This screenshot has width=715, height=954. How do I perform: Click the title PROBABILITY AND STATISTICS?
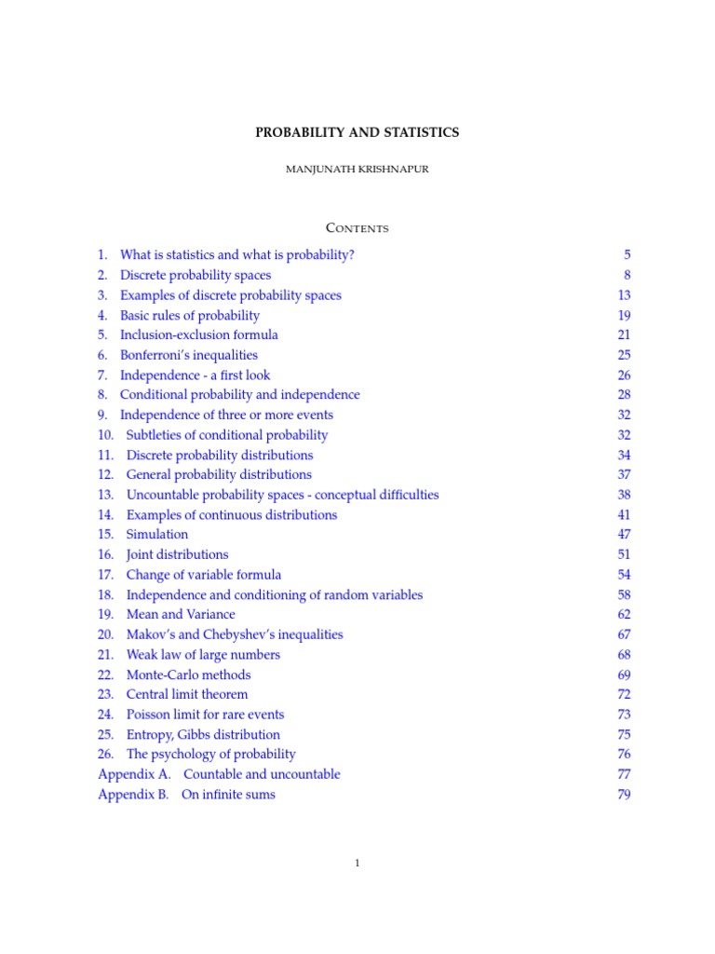[x=357, y=132]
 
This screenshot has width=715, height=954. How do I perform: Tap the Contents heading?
[x=357, y=228]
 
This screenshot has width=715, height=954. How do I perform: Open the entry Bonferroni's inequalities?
[x=189, y=355]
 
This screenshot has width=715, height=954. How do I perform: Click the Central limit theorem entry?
[x=187, y=694]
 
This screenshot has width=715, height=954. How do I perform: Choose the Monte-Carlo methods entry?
[x=188, y=675]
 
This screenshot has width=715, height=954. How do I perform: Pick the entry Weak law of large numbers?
[x=203, y=654]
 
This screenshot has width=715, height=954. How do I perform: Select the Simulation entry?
[x=156, y=534]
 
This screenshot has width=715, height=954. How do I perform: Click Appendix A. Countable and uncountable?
[x=219, y=774]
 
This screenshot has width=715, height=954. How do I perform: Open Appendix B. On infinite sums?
[x=186, y=795]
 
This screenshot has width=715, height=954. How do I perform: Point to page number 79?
[x=624, y=795]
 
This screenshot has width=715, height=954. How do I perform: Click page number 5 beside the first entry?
[x=627, y=254]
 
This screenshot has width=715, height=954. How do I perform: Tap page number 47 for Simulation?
[x=624, y=534]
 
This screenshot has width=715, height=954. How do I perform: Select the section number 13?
[x=105, y=495]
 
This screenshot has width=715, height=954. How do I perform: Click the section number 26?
[x=105, y=754]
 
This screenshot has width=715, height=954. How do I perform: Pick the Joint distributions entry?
[x=177, y=554]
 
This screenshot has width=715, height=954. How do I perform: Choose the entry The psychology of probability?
[x=210, y=754]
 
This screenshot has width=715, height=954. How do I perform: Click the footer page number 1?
[x=357, y=864]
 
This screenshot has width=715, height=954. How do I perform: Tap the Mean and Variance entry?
[x=181, y=614]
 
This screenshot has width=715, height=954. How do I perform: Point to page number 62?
[x=624, y=614]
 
